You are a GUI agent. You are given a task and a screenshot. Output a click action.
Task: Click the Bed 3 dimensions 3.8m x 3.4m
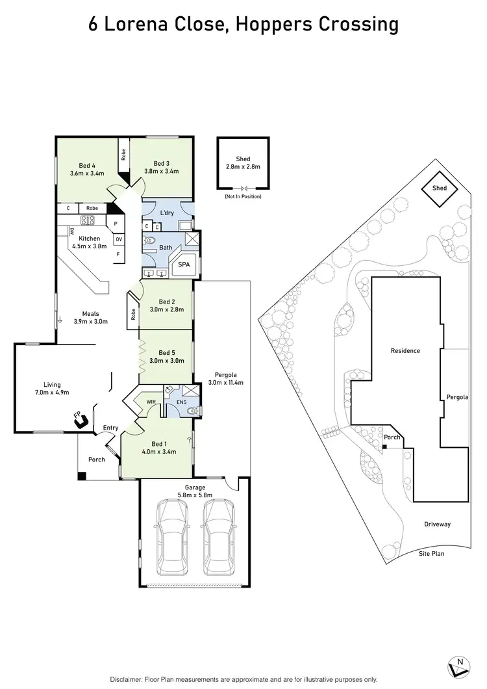(161, 172)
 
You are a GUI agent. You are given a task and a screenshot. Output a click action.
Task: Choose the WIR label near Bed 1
(150, 402)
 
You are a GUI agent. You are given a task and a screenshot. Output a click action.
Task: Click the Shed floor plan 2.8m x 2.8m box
(242, 163)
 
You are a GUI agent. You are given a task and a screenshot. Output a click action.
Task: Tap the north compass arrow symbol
(458, 666)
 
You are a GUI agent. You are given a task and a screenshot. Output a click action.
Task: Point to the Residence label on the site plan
(405, 351)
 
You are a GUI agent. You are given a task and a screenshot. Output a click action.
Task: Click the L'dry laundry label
(166, 213)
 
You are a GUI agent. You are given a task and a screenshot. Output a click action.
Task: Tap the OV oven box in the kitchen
(118, 239)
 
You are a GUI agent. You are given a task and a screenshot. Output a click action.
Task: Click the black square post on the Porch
(81, 476)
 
